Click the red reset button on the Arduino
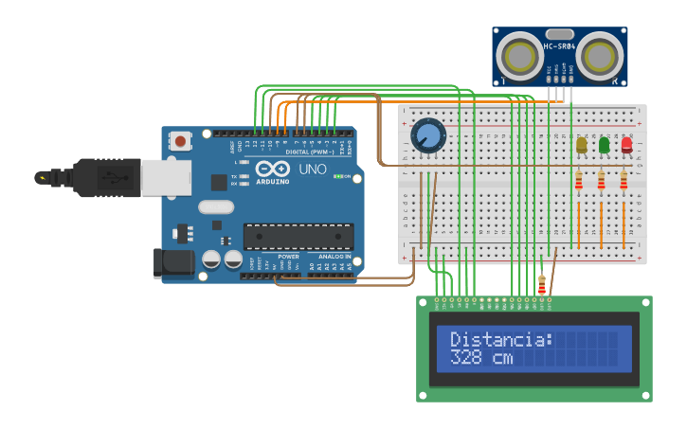tap(180, 141)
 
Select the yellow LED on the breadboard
tap(581, 145)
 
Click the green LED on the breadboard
tap(604, 145)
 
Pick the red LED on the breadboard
tap(626, 145)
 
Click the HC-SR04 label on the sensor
tap(559, 46)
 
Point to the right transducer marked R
tap(599, 58)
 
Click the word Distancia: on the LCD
tap(500, 340)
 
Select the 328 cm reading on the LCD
tap(480, 359)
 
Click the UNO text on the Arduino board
tap(313, 170)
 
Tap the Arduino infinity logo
tap(272, 169)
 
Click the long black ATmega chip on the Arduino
tap(298, 237)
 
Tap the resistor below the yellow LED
tap(578, 181)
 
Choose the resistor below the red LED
tap(624, 181)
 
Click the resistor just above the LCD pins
tap(541, 284)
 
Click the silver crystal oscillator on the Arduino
tap(216, 207)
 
